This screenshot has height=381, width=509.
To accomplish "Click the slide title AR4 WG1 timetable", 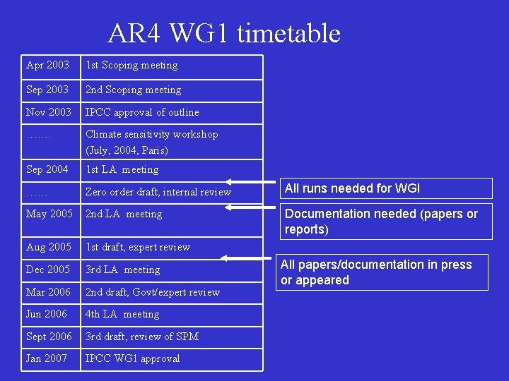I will click(x=224, y=33).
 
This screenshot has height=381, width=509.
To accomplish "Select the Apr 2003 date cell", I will click(x=47, y=66).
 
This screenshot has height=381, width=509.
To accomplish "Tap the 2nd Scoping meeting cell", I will click(x=134, y=90).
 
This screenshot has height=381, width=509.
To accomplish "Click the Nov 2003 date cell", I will click(x=49, y=112).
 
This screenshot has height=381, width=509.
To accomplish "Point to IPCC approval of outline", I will click(x=142, y=112).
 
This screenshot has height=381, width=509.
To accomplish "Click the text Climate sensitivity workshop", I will click(x=151, y=134).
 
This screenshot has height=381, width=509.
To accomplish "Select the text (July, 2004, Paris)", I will click(x=127, y=150).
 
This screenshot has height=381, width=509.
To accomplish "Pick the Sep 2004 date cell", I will click(x=47, y=169).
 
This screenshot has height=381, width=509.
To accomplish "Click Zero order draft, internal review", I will click(x=158, y=192).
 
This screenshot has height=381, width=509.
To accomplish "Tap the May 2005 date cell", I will click(x=49, y=214).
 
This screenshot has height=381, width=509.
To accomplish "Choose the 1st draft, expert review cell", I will click(x=138, y=247).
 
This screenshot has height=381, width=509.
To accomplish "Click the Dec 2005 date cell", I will click(x=48, y=270).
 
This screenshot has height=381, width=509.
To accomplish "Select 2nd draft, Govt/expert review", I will click(x=153, y=292).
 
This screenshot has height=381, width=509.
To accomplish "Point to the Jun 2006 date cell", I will click(x=47, y=314).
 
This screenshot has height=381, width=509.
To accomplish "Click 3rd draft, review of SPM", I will click(x=142, y=337).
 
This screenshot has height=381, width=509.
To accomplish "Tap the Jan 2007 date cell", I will click(x=47, y=358).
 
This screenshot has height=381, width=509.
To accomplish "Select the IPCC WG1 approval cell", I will click(x=132, y=358).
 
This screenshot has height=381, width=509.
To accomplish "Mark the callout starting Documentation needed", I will click(x=381, y=221).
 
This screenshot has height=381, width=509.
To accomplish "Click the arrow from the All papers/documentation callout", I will click(x=248, y=259).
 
